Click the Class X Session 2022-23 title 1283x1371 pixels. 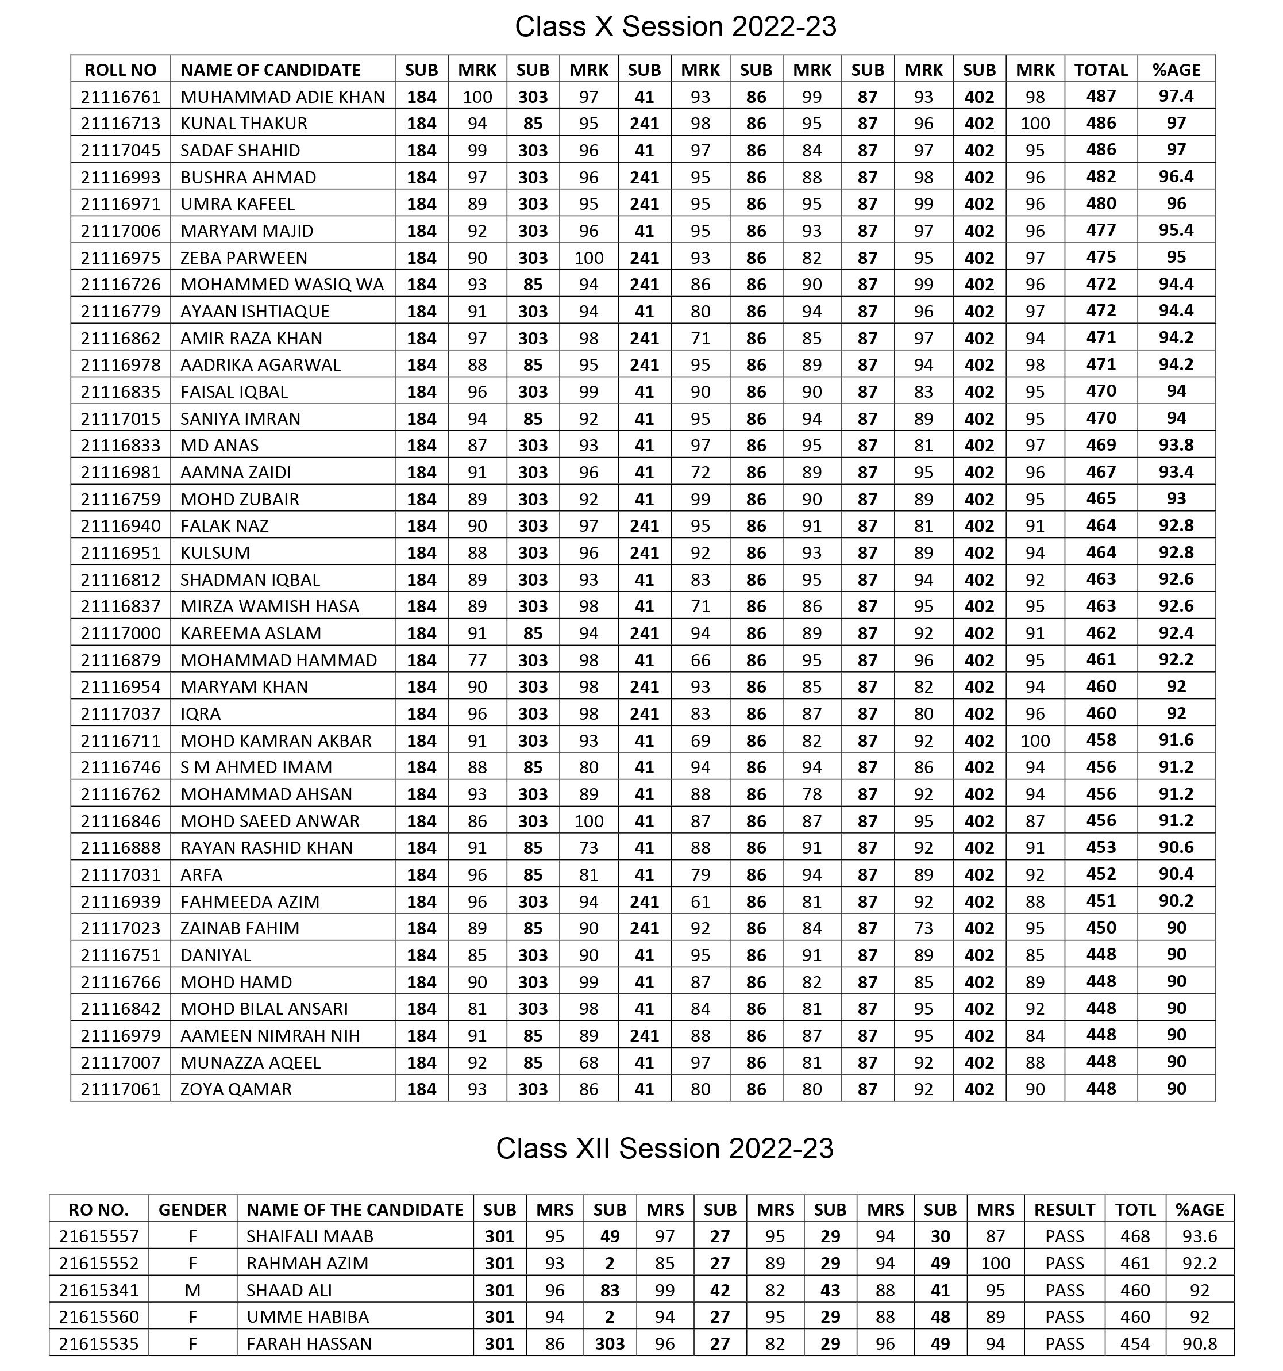(x=675, y=27)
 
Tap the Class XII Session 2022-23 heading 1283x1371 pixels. (x=665, y=1148)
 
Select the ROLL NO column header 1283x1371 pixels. (x=121, y=70)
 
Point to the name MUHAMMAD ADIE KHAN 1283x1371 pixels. (x=283, y=97)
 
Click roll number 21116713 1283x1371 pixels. (x=121, y=124)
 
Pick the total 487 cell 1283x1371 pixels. (x=1100, y=96)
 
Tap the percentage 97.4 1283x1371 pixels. (x=1176, y=96)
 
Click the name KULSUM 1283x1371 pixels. (x=215, y=553)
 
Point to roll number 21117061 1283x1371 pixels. (x=121, y=1089)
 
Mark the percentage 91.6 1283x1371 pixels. (x=1176, y=740)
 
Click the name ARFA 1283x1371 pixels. (x=201, y=874)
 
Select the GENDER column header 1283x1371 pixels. (x=192, y=1209)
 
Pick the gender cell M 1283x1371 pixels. (x=192, y=1291)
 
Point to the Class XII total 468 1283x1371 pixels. (x=1135, y=1236)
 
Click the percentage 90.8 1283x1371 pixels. (x=1199, y=1343)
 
